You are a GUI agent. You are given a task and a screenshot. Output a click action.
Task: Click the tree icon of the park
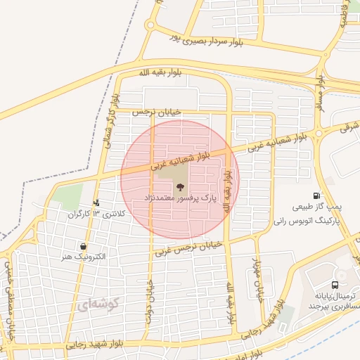180,188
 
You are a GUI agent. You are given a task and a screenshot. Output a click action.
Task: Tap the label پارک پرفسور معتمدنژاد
180,200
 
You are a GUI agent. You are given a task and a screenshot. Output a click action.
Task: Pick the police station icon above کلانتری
96,202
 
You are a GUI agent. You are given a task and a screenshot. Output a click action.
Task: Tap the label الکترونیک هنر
84,257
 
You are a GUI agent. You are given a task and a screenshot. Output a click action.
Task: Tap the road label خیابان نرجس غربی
189,247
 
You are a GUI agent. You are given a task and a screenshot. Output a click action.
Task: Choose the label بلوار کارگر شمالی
110,121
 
